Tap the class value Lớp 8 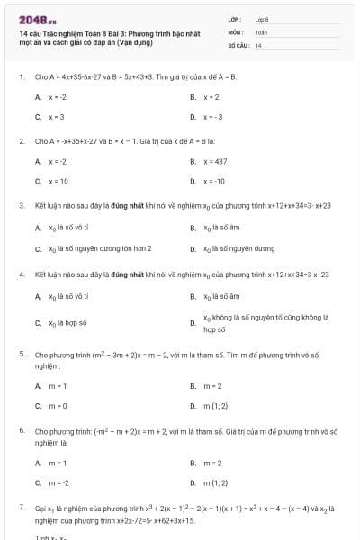(262, 19)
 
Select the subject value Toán (261, 31)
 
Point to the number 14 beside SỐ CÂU (258, 44)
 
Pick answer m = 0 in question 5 (58, 406)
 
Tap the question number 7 (21, 508)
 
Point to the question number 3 (21, 205)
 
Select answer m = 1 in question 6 (58, 463)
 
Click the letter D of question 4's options (193, 322)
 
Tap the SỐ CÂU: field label (238, 44)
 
